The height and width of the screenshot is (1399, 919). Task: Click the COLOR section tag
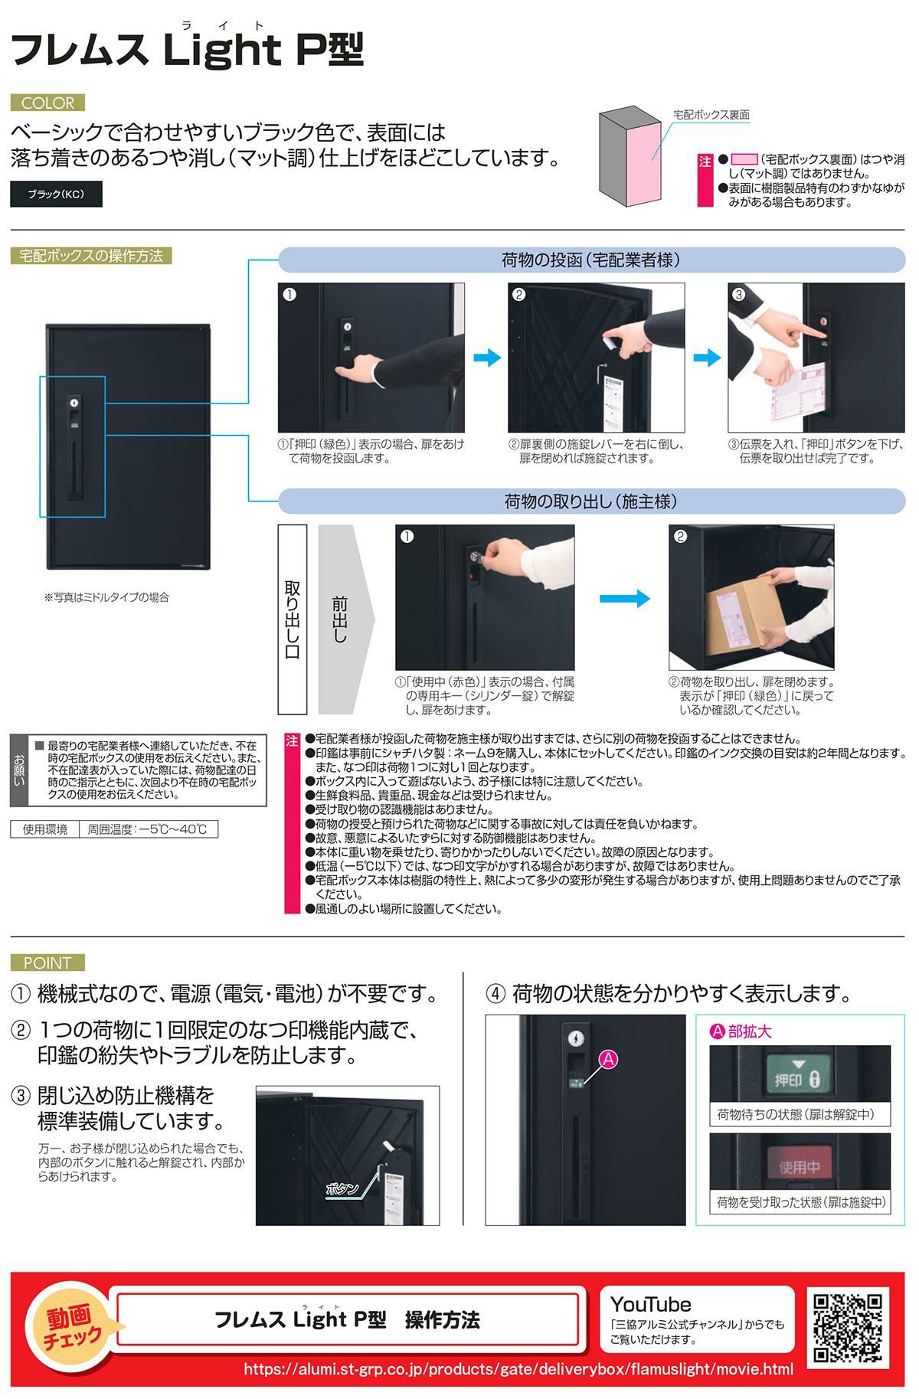coord(47,103)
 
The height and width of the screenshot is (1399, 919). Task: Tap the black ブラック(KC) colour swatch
coord(56,194)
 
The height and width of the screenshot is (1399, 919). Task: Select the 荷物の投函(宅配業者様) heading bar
coord(591,260)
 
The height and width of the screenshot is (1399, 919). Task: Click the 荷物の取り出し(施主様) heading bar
coord(591,502)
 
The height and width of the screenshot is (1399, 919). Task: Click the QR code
coord(848,1327)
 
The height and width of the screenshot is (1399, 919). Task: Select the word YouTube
coord(650,1304)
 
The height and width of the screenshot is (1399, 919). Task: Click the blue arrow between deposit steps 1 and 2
coord(487,357)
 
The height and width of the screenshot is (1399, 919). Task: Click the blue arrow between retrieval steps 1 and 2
coord(624,598)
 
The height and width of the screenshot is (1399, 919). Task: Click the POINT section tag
coord(47,963)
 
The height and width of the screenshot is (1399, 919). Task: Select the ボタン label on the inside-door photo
coord(342,1188)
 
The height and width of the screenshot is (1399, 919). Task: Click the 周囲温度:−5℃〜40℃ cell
coord(148,829)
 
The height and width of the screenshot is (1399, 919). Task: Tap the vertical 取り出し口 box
coord(293,619)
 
